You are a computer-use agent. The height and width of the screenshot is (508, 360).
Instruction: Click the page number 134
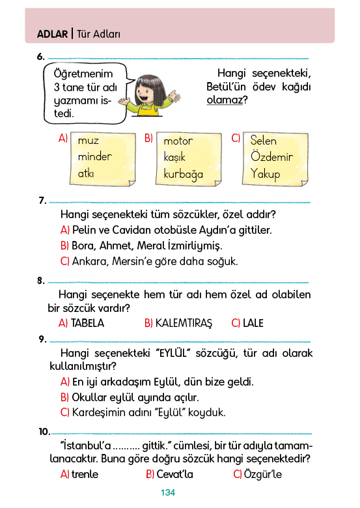168,492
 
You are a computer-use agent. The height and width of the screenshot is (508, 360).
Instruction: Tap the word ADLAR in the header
53,34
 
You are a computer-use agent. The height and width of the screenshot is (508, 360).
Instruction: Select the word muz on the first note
89,141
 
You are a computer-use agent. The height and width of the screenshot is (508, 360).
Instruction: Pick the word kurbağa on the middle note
183,174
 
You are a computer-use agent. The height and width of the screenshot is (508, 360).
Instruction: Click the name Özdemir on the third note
271,157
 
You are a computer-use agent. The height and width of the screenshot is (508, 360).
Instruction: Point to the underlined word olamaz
225,100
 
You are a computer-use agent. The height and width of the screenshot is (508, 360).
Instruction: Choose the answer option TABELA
87,323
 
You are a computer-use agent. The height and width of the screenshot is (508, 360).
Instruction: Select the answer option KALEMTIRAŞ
184,323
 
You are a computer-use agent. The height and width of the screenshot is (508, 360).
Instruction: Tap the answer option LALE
253,323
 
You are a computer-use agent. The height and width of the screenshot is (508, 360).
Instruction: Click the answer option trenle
85,474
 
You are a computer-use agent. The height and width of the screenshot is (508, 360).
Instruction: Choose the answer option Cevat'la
174,474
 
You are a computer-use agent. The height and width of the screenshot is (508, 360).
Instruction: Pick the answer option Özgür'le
263,474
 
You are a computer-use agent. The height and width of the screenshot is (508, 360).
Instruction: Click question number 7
42,201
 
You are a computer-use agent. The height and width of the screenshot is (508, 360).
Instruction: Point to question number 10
44,432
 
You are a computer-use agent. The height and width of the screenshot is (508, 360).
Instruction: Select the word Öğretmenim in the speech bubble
83,74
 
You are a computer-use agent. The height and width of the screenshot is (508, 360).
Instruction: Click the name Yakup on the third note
265,174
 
